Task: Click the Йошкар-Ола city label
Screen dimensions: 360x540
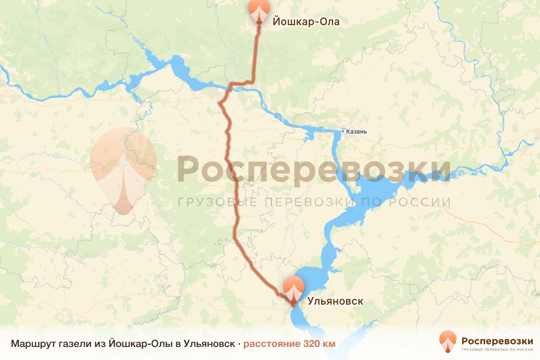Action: [305, 22]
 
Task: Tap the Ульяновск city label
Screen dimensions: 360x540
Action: [335, 301]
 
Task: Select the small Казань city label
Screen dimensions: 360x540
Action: [357, 132]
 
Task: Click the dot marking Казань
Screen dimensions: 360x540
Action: [343, 132]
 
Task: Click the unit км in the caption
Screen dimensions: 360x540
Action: [329, 344]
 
